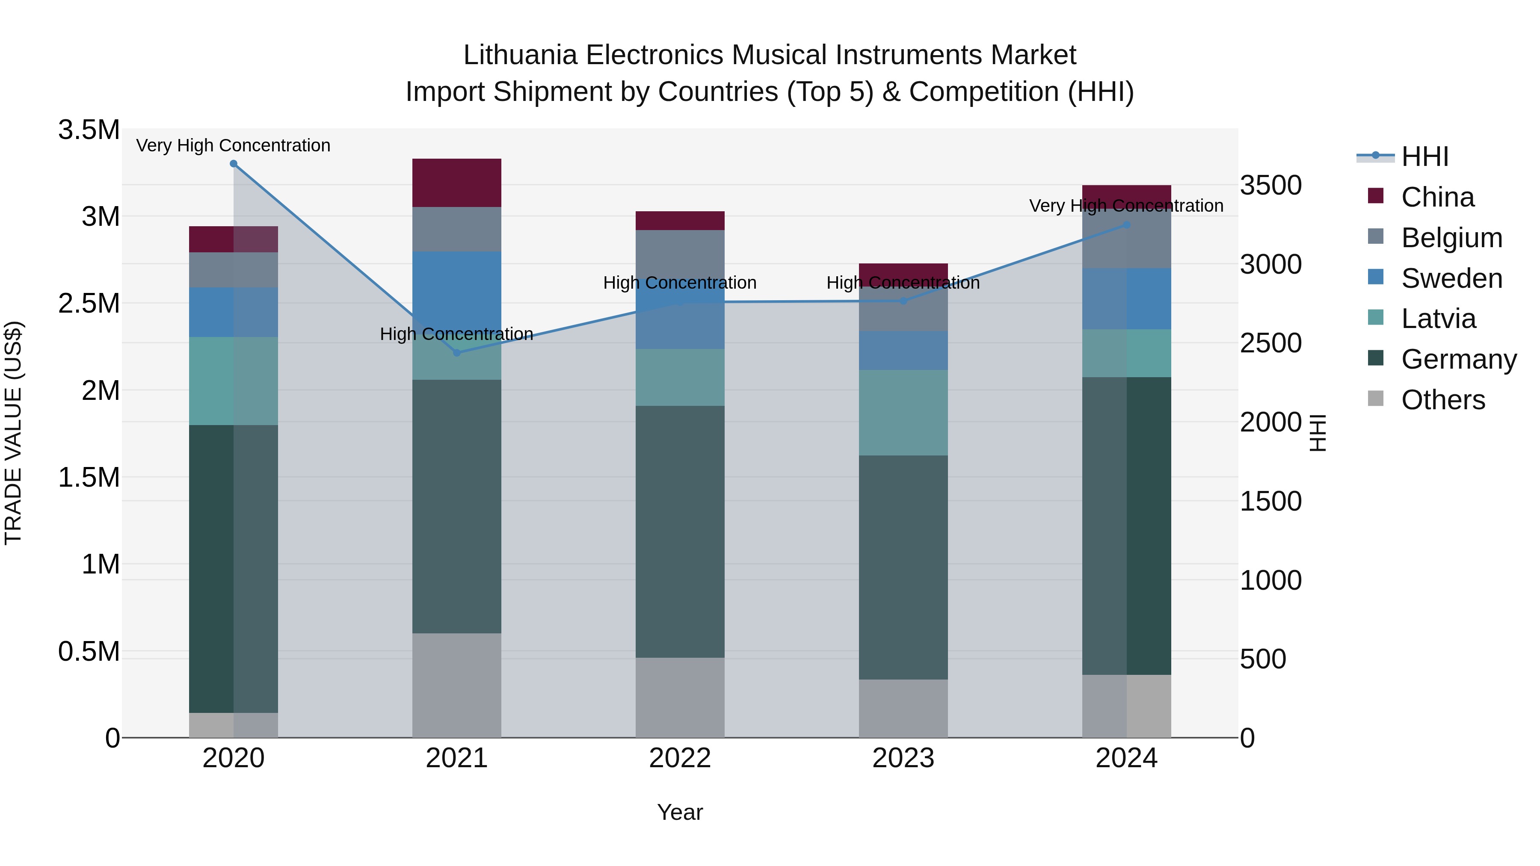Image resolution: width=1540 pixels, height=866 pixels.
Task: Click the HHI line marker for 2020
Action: tap(233, 164)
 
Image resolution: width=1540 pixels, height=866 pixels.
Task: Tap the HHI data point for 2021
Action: tap(457, 353)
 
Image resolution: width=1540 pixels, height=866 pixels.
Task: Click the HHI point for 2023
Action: tap(903, 301)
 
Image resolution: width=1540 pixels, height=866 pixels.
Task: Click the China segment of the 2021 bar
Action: tap(457, 183)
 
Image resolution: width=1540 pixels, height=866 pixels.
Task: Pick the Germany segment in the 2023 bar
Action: tap(903, 568)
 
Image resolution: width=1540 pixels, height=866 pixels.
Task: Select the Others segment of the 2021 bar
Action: tap(457, 686)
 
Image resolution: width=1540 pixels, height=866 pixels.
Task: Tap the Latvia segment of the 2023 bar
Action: tap(903, 412)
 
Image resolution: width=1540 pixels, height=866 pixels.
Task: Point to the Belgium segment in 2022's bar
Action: tap(680, 251)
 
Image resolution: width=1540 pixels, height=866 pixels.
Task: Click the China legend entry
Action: tap(1437, 197)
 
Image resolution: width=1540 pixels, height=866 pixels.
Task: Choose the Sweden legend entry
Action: tap(1451, 278)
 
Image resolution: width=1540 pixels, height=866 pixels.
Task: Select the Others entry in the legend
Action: tap(1442, 400)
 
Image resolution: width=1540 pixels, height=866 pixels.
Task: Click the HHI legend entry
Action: tap(1424, 157)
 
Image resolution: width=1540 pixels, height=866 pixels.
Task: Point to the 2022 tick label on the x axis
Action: tap(680, 758)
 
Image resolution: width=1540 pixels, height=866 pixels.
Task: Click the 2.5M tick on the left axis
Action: tap(89, 304)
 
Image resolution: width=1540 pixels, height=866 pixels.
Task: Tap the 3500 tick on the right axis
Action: tap(1271, 185)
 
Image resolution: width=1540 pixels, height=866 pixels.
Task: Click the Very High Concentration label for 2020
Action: tap(233, 145)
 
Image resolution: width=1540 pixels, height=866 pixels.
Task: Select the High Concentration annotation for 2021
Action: tap(457, 334)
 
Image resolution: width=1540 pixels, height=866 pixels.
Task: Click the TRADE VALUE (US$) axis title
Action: tap(13, 433)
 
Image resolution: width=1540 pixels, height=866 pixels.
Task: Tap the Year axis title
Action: tap(680, 812)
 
